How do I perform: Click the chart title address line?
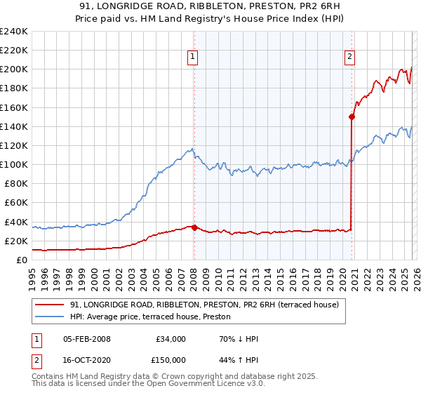[x=210, y=8]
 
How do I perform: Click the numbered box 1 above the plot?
[x=192, y=58]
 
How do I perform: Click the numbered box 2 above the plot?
[x=349, y=58]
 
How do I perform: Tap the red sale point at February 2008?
[x=194, y=227]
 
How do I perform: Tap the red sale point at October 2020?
[x=352, y=117]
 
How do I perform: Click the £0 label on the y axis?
[x=21, y=260]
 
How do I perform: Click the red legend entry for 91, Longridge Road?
[x=204, y=305]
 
